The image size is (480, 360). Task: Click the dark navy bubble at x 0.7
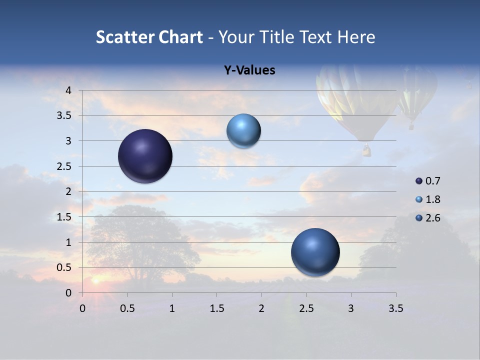(x=145, y=156)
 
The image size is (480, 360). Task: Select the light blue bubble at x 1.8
(x=243, y=131)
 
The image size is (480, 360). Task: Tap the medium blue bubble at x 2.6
(x=315, y=252)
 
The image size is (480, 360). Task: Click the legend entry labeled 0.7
(x=428, y=181)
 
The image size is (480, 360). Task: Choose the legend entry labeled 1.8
(x=428, y=199)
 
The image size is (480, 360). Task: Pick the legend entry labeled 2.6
(x=428, y=218)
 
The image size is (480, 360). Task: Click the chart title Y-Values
(x=249, y=70)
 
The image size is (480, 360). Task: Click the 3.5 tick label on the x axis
(x=395, y=308)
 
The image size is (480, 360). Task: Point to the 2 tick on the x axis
(x=261, y=308)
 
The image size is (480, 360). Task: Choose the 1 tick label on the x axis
(x=172, y=308)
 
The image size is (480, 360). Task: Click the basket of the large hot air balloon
(x=367, y=150)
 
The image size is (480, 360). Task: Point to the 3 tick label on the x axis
(x=351, y=308)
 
